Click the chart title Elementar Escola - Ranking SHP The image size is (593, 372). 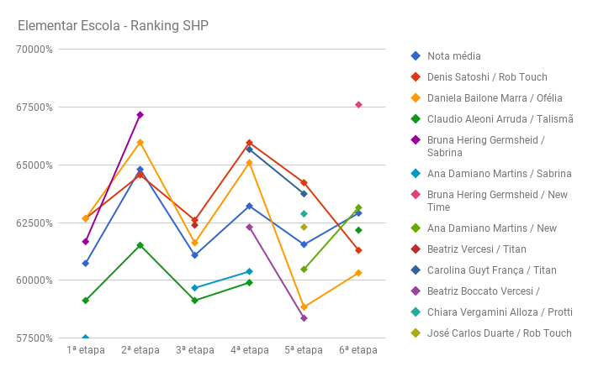click(x=113, y=25)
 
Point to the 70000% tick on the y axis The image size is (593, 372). click(x=35, y=50)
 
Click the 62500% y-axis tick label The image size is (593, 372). click(x=35, y=223)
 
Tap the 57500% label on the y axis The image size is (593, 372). click(x=35, y=338)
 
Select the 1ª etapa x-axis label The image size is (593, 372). click(x=86, y=350)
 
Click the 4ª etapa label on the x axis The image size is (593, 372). click(x=249, y=350)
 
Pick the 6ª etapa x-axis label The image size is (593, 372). click(x=358, y=350)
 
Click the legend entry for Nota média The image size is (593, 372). click(x=453, y=56)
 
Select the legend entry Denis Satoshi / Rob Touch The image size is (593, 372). click(x=487, y=77)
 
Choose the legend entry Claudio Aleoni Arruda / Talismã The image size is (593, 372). click(x=500, y=119)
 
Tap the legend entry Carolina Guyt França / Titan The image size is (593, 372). click(x=491, y=270)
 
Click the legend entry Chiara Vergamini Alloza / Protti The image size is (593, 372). click(x=500, y=312)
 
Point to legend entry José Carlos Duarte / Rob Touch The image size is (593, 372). click(x=499, y=333)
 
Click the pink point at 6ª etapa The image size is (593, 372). click(x=358, y=105)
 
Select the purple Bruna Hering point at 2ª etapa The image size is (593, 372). click(x=140, y=115)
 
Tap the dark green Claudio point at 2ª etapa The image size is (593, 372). click(x=140, y=245)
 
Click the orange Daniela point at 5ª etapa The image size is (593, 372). click(x=304, y=307)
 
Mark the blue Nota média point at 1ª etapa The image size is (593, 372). click(x=86, y=264)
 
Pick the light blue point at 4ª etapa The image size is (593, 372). click(x=249, y=271)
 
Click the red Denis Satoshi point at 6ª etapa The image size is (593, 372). click(x=358, y=250)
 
